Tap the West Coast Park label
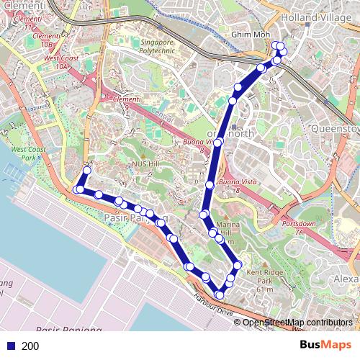point(34,153)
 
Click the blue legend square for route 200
point(10,346)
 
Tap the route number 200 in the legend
point(30,346)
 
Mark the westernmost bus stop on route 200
point(76,189)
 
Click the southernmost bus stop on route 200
point(220,294)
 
